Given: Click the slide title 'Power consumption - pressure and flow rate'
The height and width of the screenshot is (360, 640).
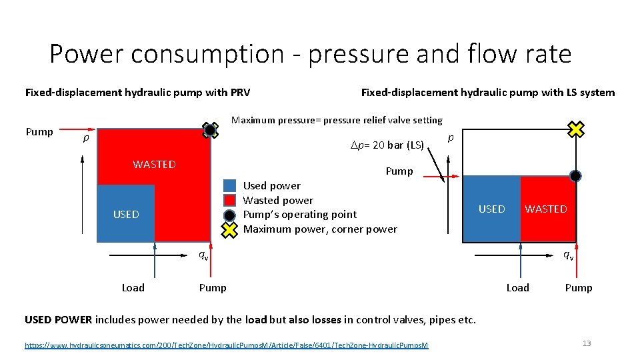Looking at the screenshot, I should click(x=310, y=53).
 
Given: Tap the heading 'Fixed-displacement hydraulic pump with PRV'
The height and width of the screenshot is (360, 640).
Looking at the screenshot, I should click(x=137, y=92).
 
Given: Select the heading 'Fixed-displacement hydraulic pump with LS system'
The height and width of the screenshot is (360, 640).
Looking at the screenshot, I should click(x=487, y=92).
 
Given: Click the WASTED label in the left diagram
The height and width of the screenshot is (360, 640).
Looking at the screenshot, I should click(x=154, y=164).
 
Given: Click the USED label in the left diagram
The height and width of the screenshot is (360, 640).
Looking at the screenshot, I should click(x=126, y=214).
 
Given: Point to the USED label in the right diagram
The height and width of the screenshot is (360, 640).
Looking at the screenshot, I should click(x=491, y=209).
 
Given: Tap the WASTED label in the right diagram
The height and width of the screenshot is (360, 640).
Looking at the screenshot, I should click(x=545, y=209).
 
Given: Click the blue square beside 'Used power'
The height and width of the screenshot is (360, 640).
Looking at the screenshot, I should click(x=229, y=185).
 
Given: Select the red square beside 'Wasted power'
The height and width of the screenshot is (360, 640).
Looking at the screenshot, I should click(x=229, y=200).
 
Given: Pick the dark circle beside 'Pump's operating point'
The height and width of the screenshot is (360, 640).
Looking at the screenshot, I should click(x=229, y=215).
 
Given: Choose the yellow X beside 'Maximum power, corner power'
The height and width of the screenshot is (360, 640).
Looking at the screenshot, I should click(x=229, y=229).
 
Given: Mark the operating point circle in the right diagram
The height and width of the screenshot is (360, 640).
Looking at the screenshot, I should click(x=575, y=176).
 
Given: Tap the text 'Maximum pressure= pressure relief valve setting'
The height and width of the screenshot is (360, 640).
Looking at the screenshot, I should click(x=336, y=120).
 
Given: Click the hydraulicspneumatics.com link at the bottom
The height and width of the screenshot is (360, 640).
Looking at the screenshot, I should click(x=227, y=345).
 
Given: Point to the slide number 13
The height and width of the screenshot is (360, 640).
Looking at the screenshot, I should click(x=587, y=343).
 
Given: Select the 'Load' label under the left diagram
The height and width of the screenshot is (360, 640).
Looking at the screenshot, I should click(x=133, y=287).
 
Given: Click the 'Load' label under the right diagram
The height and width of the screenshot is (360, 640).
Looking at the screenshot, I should click(x=517, y=287).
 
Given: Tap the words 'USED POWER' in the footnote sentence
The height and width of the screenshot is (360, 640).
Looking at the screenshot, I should click(x=59, y=319).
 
